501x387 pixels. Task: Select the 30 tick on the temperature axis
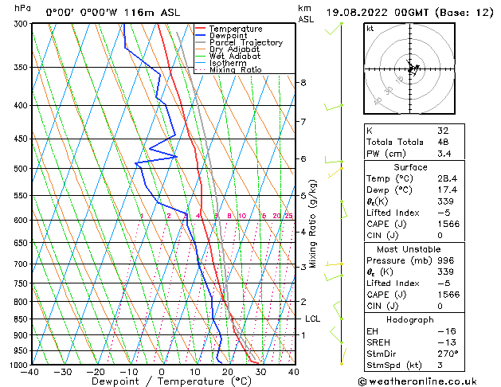click(x=260, y=372)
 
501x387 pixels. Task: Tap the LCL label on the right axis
click(x=313, y=319)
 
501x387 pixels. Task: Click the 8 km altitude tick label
click(x=303, y=83)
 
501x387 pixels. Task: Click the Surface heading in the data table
click(x=410, y=166)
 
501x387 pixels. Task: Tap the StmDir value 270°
click(x=445, y=354)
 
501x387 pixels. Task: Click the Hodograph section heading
click(x=410, y=319)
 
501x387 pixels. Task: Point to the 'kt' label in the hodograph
click(x=370, y=29)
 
